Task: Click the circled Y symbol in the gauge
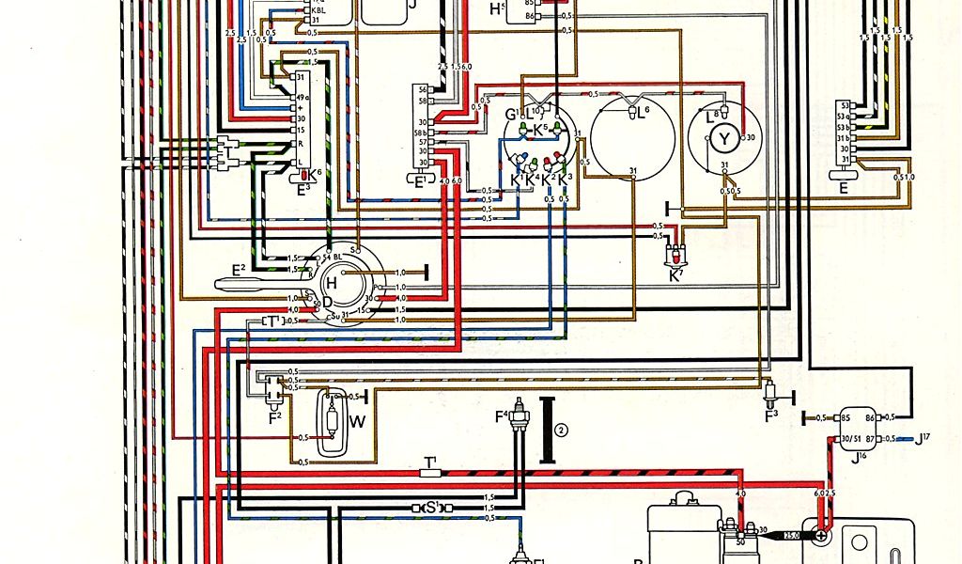click(723, 140)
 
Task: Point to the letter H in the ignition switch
click(332, 283)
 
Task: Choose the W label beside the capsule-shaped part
click(357, 420)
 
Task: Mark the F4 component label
click(502, 415)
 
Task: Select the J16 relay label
click(861, 460)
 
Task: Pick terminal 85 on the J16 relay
click(845, 417)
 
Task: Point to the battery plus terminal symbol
click(821, 535)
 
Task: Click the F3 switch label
click(770, 414)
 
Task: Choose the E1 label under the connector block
click(419, 180)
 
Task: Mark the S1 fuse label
click(433, 508)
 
